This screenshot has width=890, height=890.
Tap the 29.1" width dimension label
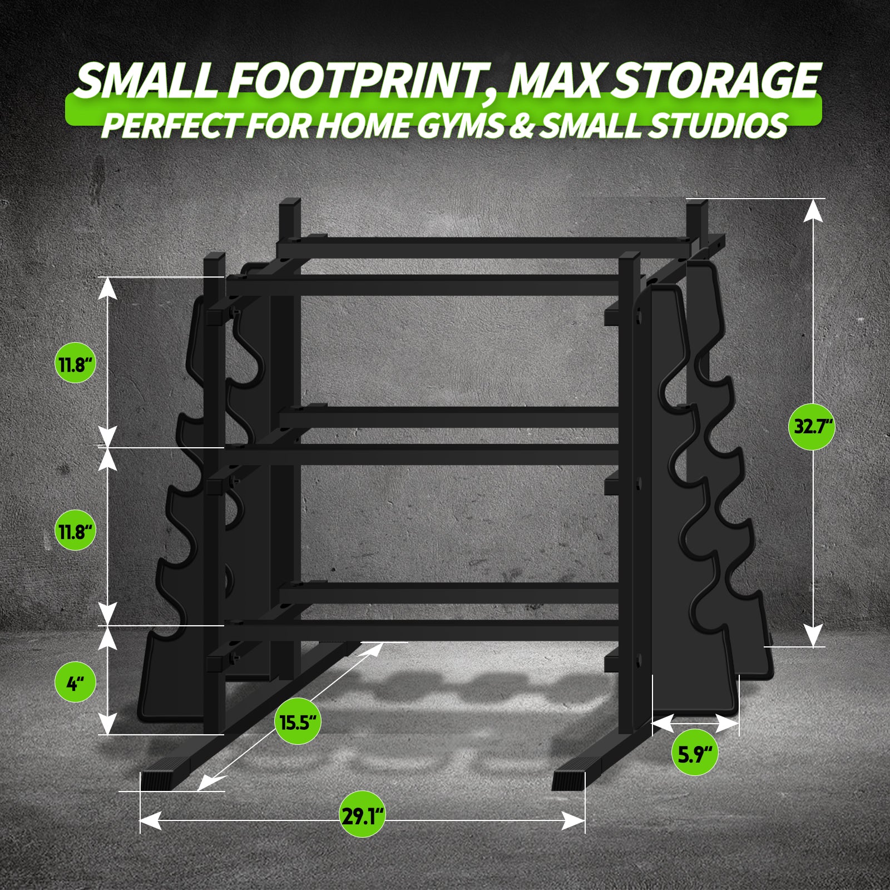[362, 817]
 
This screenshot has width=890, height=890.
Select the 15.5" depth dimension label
[298, 723]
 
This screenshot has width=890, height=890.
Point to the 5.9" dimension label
[695, 754]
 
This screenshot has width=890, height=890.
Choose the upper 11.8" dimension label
[76, 364]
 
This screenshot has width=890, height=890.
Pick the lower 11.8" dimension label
[76, 531]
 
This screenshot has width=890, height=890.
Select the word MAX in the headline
[553, 80]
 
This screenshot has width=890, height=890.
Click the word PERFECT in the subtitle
[170, 125]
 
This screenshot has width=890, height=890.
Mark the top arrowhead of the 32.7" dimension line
[813, 210]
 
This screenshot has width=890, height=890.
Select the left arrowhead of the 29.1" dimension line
[151, 820]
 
